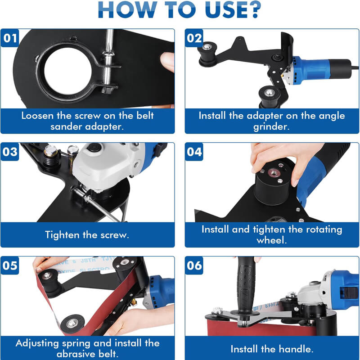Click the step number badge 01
pos(9,38)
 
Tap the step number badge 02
pos(194,38)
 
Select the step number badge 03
pos(9,151)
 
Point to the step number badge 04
pos(194,151)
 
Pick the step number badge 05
pos(9,265)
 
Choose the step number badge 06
pos(194,265)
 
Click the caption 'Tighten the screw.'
pos(87,234)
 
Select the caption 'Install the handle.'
pos(272,349)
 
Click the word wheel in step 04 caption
pos(272,240)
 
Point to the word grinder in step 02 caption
pos(272,127)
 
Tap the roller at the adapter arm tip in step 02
pos(208,49)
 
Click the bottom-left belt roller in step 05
pos(71,323)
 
